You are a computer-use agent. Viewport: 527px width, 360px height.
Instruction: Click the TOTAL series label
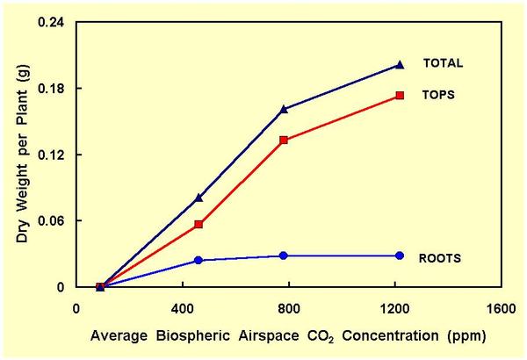tap(443, 63)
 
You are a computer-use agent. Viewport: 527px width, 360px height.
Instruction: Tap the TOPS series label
tap(437, 94)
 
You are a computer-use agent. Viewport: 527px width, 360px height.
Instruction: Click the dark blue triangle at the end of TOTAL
tap(400, 64)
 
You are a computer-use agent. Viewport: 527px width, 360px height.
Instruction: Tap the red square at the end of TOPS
tap(400, 95)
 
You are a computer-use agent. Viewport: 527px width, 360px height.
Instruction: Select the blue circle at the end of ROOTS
tap(400, 256)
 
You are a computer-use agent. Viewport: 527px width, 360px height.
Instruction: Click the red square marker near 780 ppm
tap(284, 140)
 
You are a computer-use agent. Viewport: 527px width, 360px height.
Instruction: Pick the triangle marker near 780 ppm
tap(284, 109)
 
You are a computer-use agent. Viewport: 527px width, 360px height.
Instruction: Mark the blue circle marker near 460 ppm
tap(199, 260)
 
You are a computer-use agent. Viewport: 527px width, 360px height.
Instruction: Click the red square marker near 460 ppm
tap(199, 224)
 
